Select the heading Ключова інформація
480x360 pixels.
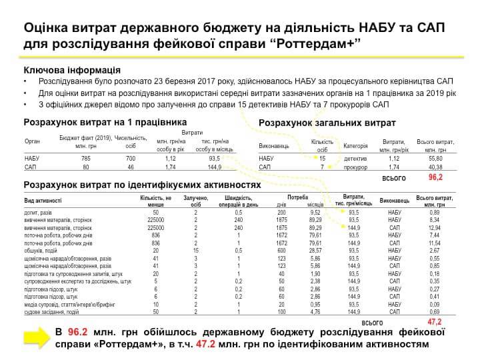tap(72, 70)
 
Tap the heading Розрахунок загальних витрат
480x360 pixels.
tap(327, 123)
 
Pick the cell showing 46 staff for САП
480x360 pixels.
tap(131, 167)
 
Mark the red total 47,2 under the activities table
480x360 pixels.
tap(435, 321)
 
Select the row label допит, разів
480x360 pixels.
tap(39, 211)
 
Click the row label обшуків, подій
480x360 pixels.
tap(43, 250)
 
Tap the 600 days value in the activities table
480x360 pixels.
tap(281, 250)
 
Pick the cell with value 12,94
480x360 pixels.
tap(435, 227)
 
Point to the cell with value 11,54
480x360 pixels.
tap(435, 243)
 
